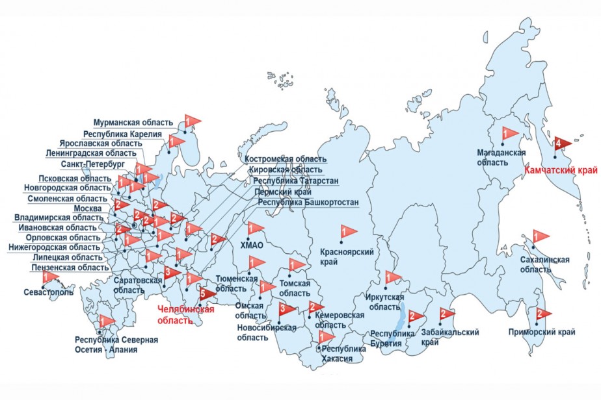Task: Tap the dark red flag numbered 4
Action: coord(562,143)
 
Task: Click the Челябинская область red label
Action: coord(186,315)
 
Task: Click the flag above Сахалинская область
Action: coord(540,236)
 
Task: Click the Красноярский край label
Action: coord(341,255)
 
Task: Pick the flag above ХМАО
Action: coord(254,228)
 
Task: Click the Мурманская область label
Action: coord(133,123)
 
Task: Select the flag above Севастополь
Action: coord(49,277)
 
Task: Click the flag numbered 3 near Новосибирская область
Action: coord(286,308)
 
